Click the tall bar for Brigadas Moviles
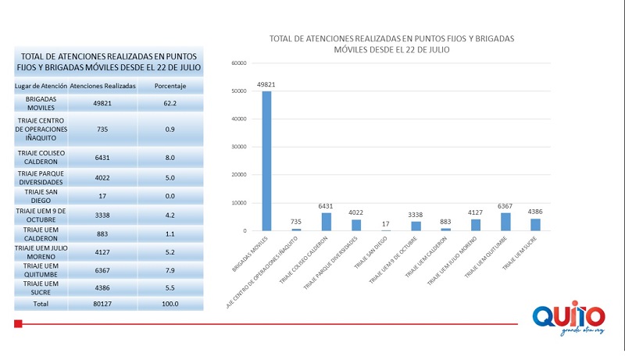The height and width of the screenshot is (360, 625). (x=266, y=161)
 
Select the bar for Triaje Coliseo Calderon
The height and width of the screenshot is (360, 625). (x=326, y=222)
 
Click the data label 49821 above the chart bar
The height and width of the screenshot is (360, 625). (x=266, y=84)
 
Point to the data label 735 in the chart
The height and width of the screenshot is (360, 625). (x=296, y=222)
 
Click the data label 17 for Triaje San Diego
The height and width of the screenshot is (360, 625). (x=386, y=224)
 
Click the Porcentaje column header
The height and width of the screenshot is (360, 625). (x=170, y=85)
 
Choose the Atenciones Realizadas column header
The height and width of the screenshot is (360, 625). (x=103, y=85)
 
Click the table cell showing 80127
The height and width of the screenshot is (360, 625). (x=103, y=303)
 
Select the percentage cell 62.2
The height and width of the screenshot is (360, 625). (x=170, y=103)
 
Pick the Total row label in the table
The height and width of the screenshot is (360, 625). (x=41, y=303)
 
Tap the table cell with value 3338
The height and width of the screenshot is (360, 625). (x=103, y=213)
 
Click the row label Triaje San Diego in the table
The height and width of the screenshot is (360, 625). (x=41, y=195)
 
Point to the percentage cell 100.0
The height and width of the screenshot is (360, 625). (x=170, y=303)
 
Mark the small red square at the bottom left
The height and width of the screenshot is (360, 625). (x=18, y=323)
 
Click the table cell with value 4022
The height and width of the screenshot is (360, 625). (x=103, y=176)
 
